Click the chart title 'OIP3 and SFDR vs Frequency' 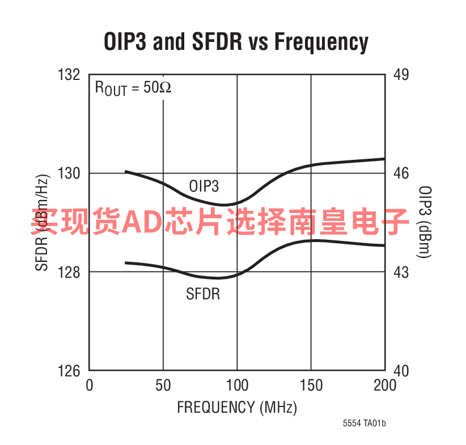[x=236, y=41]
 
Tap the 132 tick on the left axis [x=69, y=74]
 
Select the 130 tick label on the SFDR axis [x=69, y=173]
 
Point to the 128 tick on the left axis [x=69, y=272]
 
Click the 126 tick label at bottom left [x=69, y=371]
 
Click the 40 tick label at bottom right [x=401, y=371]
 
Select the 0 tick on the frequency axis [x=89, y=385]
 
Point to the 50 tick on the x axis [x=163, y=385]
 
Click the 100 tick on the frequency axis [x=237, y=385]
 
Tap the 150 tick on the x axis [x=311, y=385]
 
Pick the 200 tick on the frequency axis [x=384, y=385]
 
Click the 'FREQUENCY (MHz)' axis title [x=237, y=407]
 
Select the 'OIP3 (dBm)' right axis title [x=426, y=222]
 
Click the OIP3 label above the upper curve [x=204, y=186]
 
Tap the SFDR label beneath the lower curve [x=203, y=294]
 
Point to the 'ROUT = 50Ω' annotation [x=133, y=88]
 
